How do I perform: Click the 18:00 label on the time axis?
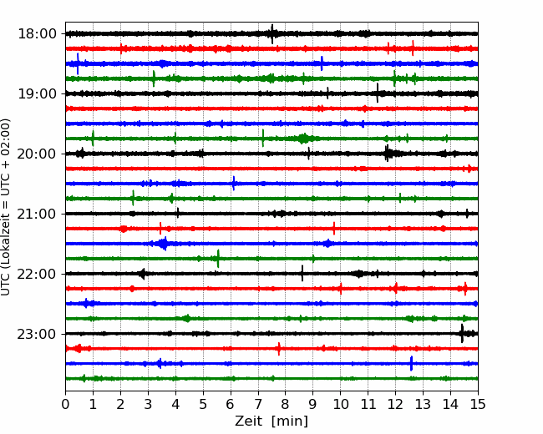37,34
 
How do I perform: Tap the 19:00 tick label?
37,93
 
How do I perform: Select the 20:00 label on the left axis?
37,154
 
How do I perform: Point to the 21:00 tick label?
37,214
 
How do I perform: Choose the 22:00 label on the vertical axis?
37,274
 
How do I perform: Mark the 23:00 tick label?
37,334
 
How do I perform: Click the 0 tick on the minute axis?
65,404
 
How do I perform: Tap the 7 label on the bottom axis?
258,404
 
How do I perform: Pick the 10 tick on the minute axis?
340,404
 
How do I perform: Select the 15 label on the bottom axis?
478,404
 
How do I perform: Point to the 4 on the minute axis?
175,404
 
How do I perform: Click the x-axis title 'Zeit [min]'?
271,421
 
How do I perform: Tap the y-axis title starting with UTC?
6,207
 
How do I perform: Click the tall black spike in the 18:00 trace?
272,34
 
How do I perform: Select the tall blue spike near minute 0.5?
78,63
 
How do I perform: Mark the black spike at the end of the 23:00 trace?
462,334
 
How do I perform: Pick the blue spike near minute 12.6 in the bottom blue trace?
411,363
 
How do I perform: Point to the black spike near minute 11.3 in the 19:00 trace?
378,93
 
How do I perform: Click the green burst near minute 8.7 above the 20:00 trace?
304,139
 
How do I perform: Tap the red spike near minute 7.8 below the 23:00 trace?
279,349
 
